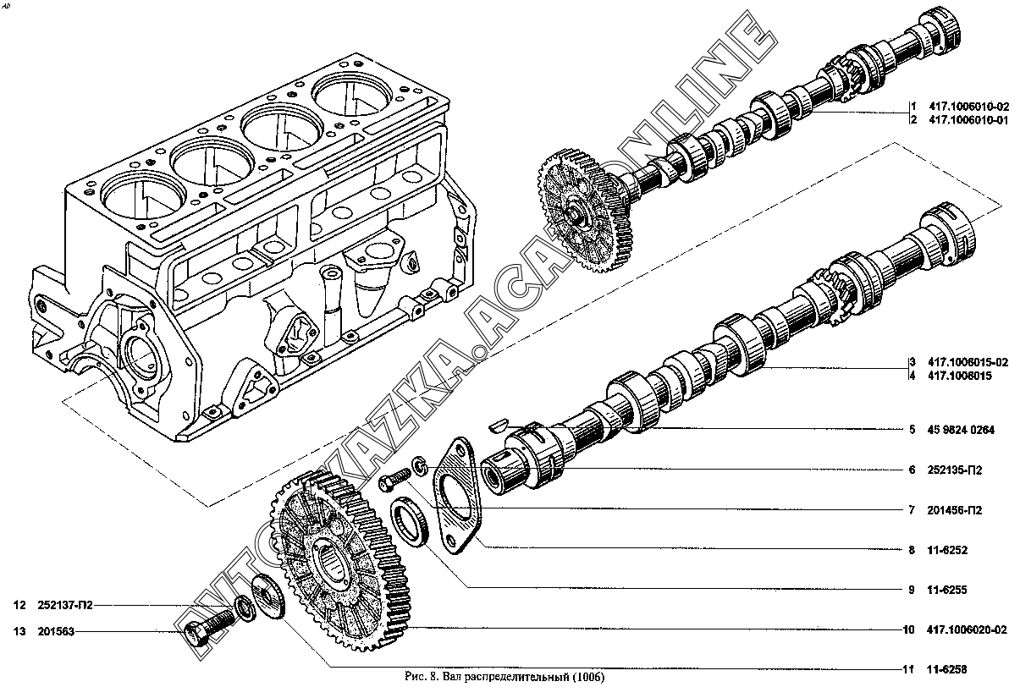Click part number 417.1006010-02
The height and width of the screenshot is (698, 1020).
968,107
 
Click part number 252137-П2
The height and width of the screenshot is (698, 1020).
65,605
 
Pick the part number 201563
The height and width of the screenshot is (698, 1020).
56,631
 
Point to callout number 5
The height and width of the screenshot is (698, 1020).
912,430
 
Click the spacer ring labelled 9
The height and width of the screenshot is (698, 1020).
409,518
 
